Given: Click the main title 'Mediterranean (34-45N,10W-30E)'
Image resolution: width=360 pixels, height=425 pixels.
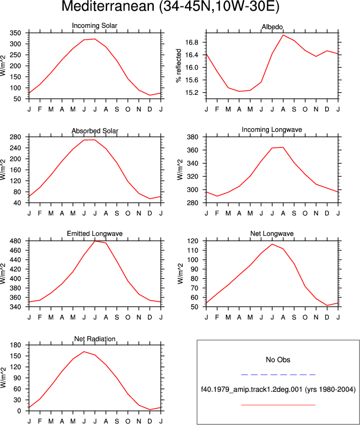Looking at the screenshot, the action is click(170, 6).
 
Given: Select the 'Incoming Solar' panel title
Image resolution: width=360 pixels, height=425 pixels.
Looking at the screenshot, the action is click(94, 26).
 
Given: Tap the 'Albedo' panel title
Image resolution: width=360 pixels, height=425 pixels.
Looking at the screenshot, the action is click(272, 27).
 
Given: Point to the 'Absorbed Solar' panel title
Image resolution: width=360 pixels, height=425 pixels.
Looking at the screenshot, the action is click(95, 131).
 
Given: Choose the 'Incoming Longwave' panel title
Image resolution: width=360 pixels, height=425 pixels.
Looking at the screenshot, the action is click(272, 130).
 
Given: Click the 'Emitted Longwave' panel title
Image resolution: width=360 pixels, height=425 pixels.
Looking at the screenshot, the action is click(94, 234).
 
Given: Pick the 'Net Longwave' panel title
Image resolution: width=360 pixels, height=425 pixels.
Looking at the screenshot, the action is click(272, 234).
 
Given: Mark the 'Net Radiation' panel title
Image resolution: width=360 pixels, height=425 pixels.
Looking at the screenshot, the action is click(95, 339).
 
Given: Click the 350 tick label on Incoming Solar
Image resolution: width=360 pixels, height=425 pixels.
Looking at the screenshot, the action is click(16, 33).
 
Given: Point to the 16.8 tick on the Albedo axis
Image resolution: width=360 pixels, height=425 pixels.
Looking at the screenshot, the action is click(192, 42).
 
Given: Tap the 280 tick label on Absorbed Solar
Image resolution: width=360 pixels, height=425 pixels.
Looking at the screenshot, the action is click(16, 137).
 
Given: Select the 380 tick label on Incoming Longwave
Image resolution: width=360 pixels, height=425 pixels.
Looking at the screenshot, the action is click(193, 137).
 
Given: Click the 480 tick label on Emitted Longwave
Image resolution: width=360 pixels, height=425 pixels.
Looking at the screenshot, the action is click(16, 241).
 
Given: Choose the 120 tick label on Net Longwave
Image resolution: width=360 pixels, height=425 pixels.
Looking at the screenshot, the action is click(193, 241).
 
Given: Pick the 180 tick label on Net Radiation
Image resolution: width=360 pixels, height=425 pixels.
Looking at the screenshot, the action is click(16, 345).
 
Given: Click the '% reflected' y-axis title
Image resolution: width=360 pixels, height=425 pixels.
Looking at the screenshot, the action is click(178, 65).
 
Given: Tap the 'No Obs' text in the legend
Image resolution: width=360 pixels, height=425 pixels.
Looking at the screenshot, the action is click(278, 360).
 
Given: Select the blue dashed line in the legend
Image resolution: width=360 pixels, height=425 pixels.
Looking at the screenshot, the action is click(278, 375).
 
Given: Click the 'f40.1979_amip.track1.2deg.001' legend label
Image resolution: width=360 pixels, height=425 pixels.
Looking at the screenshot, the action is click(252, 390).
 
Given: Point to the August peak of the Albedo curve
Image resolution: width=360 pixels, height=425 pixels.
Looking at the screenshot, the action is click(283, 35).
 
